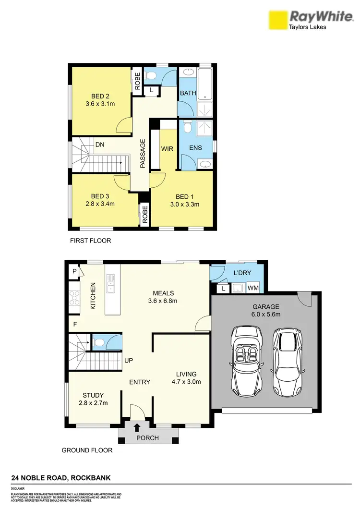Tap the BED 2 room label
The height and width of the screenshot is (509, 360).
[100, 96]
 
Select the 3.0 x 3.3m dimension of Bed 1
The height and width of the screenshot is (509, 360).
[182, 204]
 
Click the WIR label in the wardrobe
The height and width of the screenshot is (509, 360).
[167, 148]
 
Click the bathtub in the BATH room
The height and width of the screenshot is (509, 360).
[205, 85]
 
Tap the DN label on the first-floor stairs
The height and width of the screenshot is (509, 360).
[100, 144]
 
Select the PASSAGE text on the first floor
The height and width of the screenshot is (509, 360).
[143, 154]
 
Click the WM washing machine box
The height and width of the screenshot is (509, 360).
[252, 288]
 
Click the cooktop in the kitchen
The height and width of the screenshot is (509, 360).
[74, 298]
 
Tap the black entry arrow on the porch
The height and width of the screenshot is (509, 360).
[137, 427]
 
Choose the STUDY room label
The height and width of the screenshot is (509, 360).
[93, 395]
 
